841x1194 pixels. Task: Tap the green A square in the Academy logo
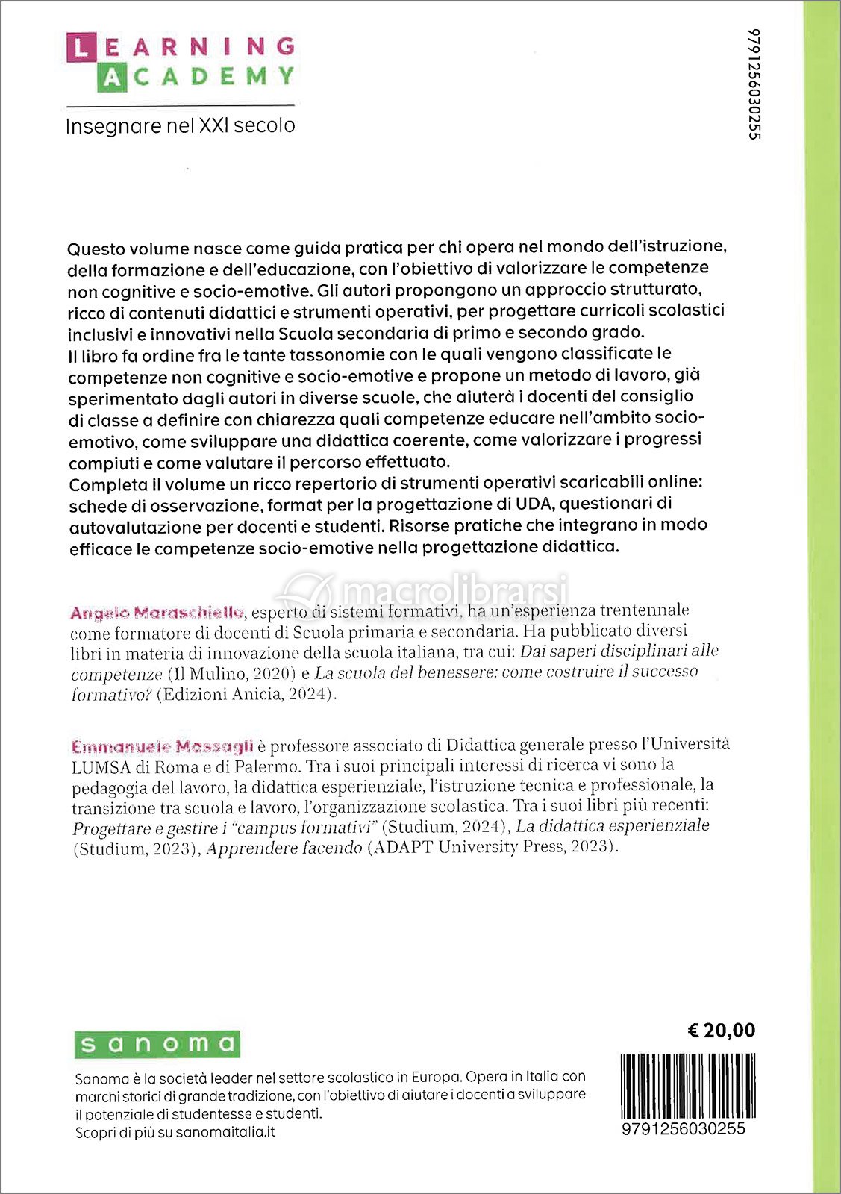110,78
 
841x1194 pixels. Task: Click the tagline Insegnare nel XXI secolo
180,125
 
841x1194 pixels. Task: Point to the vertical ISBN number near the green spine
754,84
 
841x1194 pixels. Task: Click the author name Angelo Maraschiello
157,613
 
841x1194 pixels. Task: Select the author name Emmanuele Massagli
162,746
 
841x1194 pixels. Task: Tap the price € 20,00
720,1030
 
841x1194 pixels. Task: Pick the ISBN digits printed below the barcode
683,1128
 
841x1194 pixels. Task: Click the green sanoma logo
157,1044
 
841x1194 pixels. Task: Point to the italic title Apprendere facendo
284,848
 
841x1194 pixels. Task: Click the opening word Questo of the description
98,249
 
